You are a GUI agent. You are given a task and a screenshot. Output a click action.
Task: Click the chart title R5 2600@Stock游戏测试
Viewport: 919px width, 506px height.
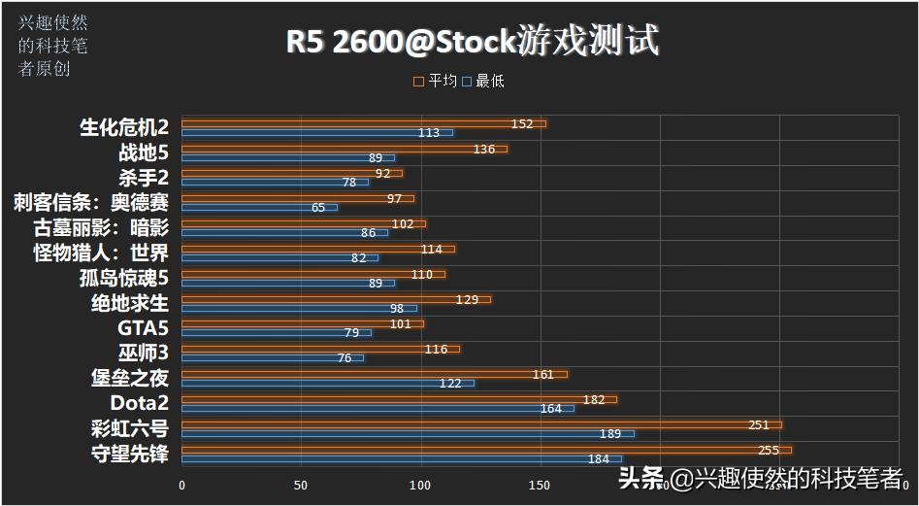pos(472,42)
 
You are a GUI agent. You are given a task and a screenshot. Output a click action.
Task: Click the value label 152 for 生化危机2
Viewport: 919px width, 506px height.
pos(522,124)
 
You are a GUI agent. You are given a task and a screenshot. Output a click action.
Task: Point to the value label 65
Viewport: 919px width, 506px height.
pos(318,208)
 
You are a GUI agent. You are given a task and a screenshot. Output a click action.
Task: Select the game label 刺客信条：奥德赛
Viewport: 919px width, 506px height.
pos(91,202)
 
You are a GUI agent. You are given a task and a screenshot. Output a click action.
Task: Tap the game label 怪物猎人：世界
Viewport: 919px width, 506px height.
pos(101,253)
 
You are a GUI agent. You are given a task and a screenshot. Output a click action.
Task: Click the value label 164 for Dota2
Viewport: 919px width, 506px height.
pos(550,409)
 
